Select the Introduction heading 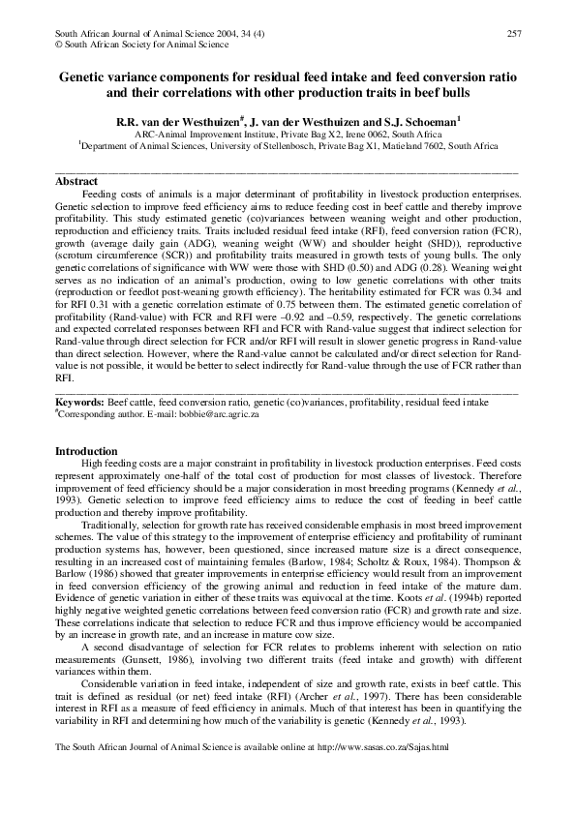click(x=86, y=452)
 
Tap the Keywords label click(x=82, y=400)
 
